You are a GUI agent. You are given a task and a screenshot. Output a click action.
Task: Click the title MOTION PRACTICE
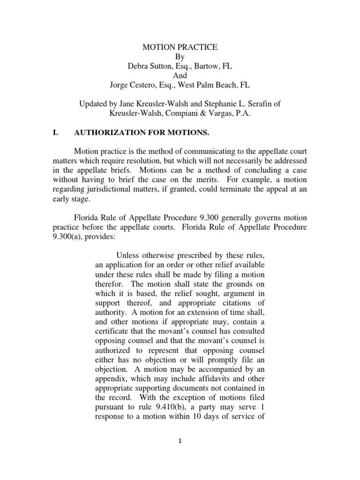coord(180,47)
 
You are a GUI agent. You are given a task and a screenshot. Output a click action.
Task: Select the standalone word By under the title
coord(180,57)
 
